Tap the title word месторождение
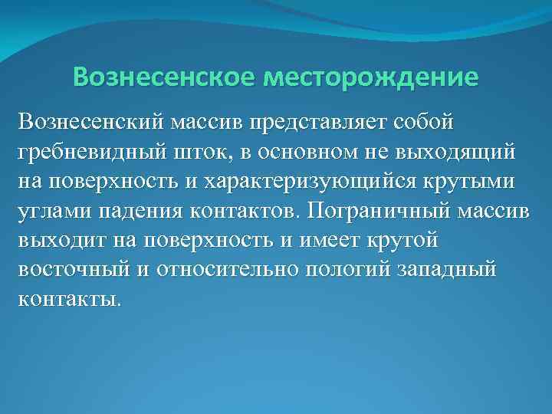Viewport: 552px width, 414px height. point(370,78)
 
